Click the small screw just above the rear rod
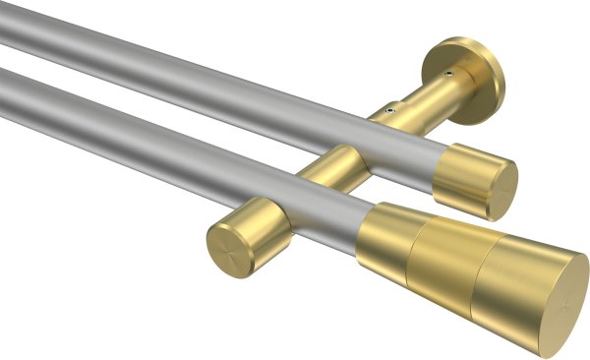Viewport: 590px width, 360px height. [x=390, y=112]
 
